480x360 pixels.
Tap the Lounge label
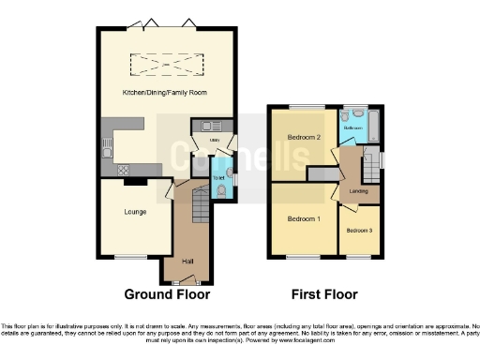(134, 212)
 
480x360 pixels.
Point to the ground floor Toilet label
(217, 177)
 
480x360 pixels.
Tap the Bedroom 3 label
(359, 230)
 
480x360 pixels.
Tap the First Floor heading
(324, 294)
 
